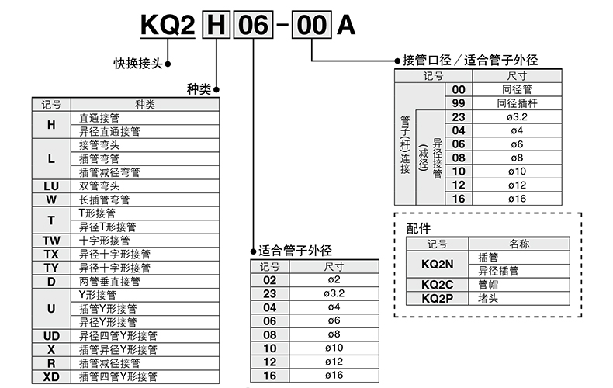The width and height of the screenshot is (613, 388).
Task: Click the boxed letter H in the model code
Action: coord(216,25)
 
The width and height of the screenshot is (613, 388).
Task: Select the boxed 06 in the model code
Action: coord(253,25)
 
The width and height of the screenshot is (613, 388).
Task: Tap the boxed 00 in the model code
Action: coord(312,25)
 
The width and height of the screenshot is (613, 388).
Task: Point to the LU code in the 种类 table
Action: coord(51,185)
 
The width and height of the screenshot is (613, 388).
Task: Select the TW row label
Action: coord(51,241)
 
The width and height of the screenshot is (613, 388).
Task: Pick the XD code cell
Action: coord(51,376)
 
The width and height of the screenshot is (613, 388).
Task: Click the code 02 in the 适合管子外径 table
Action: coord(270,280)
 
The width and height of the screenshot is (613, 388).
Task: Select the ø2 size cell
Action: coord(331,280)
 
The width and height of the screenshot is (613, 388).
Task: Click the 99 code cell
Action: coord(458,103)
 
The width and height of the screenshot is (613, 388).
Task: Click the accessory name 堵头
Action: coord(488,298)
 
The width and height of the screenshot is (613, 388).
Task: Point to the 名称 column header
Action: coord(519,244)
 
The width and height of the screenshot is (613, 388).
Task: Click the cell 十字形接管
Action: coord(104,241)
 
